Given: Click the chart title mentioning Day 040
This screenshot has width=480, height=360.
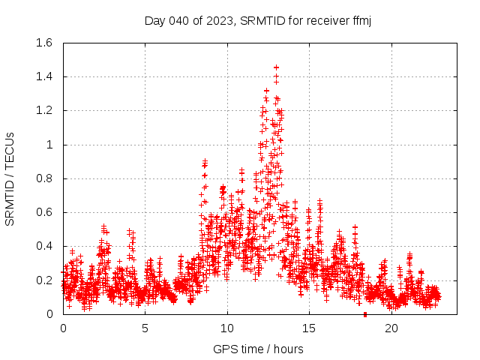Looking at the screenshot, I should click(258, 20).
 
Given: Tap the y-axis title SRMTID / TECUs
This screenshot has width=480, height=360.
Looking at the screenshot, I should click(10, 178).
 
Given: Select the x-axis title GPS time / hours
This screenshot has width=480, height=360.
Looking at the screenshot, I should click(258, 349).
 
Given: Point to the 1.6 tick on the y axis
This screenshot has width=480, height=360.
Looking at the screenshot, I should click(44, 43).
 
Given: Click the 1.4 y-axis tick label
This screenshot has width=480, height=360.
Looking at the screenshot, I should click(44, 76).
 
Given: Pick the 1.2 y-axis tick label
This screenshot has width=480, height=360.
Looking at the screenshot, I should click(44, 110).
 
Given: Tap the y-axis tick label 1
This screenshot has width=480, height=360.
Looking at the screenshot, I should click(49, 145).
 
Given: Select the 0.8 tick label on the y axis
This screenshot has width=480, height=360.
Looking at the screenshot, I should click(44, 178).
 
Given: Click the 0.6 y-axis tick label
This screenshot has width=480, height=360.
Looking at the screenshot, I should click(44, 212).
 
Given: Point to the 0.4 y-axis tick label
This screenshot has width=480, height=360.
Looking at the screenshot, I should click(44, 246).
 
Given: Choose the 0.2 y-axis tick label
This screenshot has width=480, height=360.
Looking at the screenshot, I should click(44, 280).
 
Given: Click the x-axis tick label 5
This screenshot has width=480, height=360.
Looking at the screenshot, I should click(145, 328).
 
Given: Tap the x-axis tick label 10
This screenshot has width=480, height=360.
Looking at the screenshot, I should click(227, 328).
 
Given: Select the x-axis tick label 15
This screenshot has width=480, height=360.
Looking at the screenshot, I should click(310, 328).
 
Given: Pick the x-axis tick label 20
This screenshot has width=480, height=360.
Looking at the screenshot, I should click(391, 328).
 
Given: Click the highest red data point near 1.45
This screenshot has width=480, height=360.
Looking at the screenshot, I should click(276, 67).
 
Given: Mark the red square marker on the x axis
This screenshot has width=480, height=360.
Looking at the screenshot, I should click(365, 314).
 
